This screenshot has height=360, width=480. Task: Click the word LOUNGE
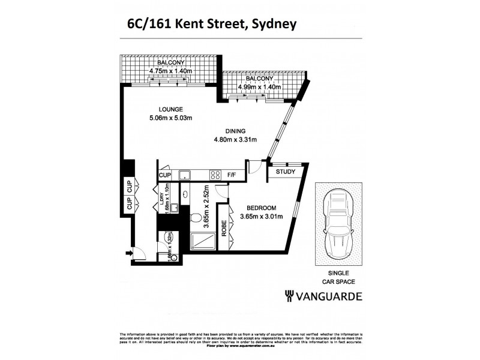pyautogui.click(x=171, y=109)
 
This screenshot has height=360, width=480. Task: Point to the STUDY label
pyautogui.click(x=285, y=172)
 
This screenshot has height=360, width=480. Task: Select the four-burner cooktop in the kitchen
pyautogui.click(x=215, y=175)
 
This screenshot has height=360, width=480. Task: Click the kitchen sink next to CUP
pyautogui.click(x=185, y=175)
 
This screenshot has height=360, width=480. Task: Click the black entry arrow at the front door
pyautogui.click(x=128, y=253)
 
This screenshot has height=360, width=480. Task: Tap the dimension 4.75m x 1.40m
pyautogui.click(x=170, y=70)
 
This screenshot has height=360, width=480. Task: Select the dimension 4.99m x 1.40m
pyautogui.click(x=260, y=86)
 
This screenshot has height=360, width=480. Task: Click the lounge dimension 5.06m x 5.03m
pyautogui.click(x=171, y=118)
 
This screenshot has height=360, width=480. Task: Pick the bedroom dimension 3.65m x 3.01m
pyautogui.click(x=260, y=217)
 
